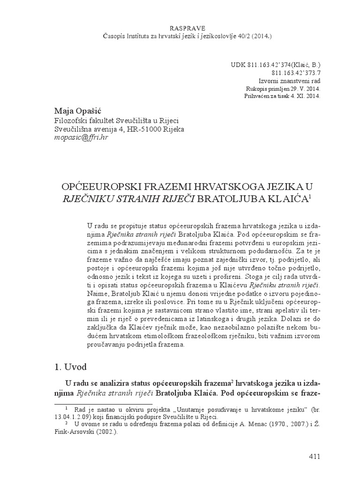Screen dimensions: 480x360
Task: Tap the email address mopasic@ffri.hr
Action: pyautogui.click(x=81, y=138)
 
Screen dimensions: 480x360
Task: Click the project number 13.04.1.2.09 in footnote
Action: pyautogui.click(x=69, y=417)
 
